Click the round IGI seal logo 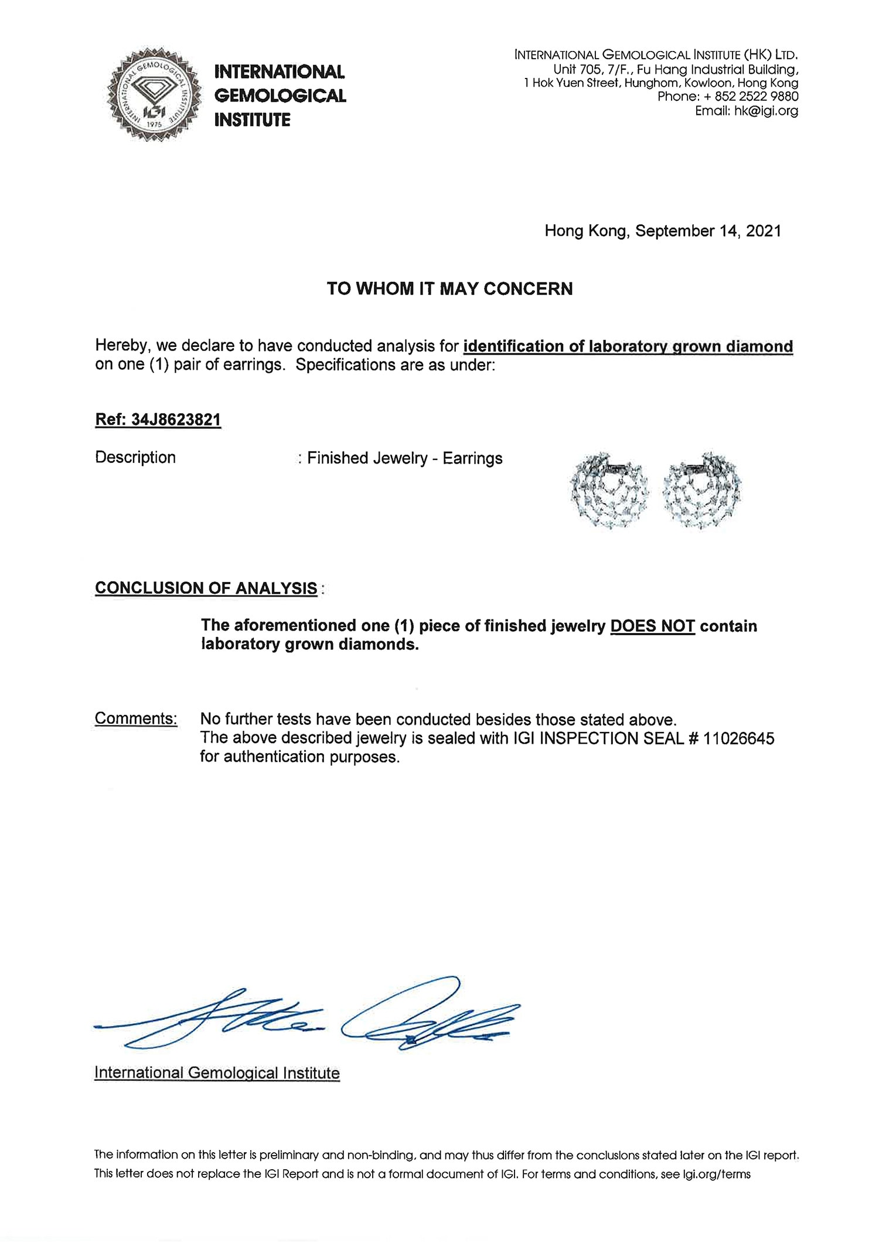click(151, 94)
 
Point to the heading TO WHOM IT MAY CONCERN click(449, 288)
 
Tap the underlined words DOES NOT click(652, 626)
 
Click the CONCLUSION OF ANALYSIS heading click(206, 588)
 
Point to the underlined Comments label click(136, 718)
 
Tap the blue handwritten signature click(311, 1017)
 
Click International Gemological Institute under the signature click(217, 1073)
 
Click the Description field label click(135, 457)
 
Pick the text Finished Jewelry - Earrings click(404, 458)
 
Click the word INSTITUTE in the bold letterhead click(253, 120)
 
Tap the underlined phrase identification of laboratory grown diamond click(628, 346)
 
